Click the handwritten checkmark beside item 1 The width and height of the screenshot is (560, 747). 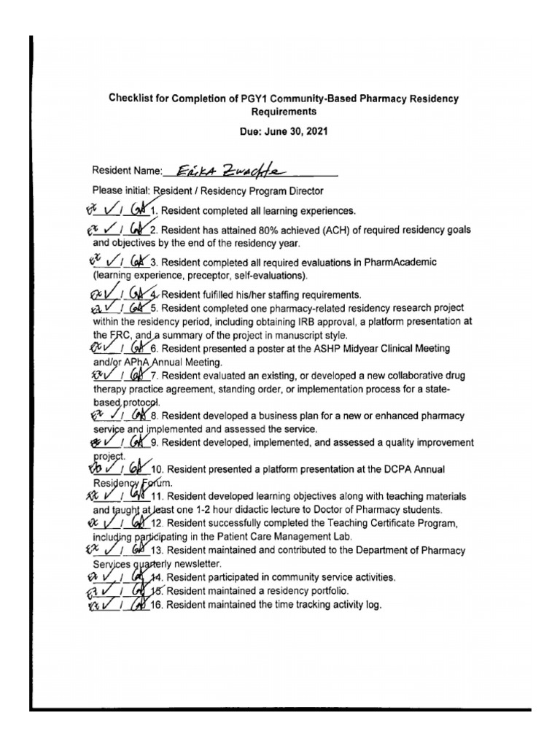(x=112, y=211)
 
